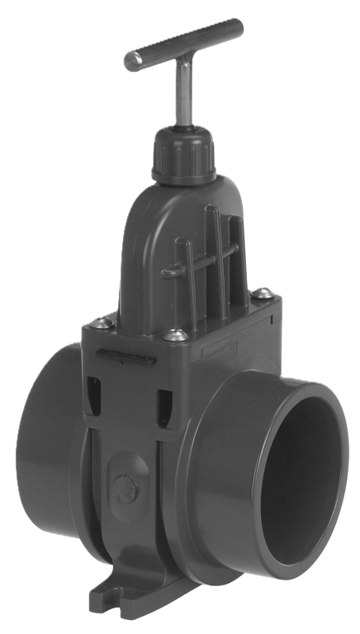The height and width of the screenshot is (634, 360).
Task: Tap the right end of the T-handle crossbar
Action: click(238, 24)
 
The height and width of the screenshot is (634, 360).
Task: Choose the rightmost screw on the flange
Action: click(262, 292)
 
